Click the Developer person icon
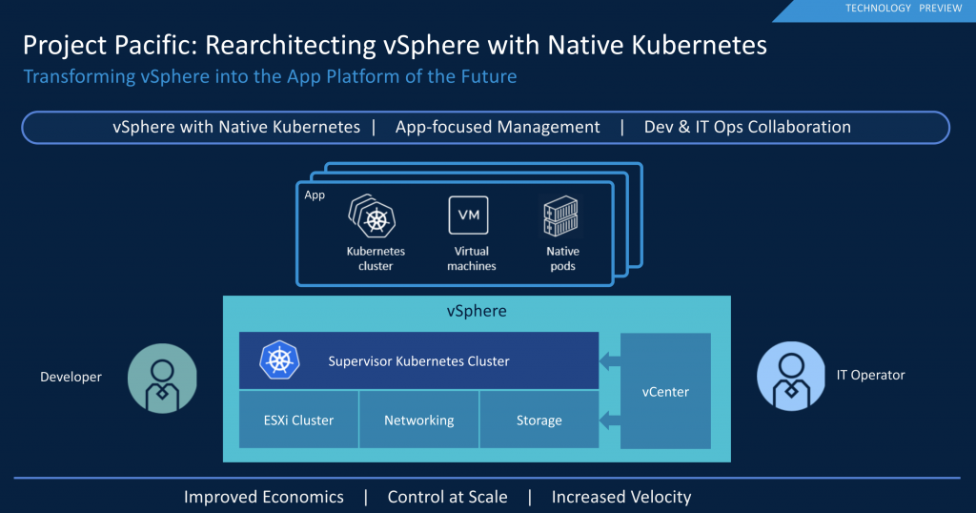(x=161, y=378)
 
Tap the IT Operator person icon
(x=790, y=376)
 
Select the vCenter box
(x=665, y=391)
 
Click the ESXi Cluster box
(x=298, y=420)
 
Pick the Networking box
(x=418, y=420)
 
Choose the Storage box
(x=539, y=420)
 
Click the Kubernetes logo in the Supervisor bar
(x=278, y=360)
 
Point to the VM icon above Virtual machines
(x=469, y=215)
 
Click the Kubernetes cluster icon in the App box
(x=374, y=218)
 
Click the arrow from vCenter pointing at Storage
(x=609, y=417)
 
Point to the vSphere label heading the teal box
(x=477, y=312)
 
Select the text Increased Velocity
(x=620, y=497)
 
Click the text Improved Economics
(x=264, y=497)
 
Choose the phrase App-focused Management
(x=498, y=127)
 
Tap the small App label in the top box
(x=315, y=195)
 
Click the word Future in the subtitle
(x=483, y=76)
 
